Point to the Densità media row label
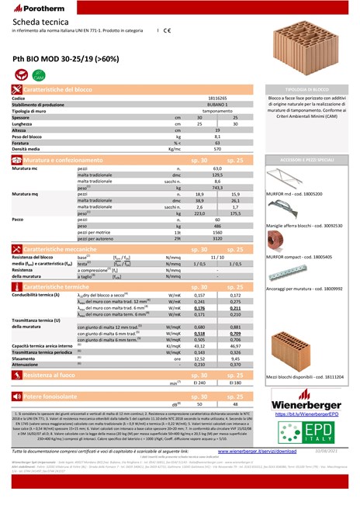point(29,147)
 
